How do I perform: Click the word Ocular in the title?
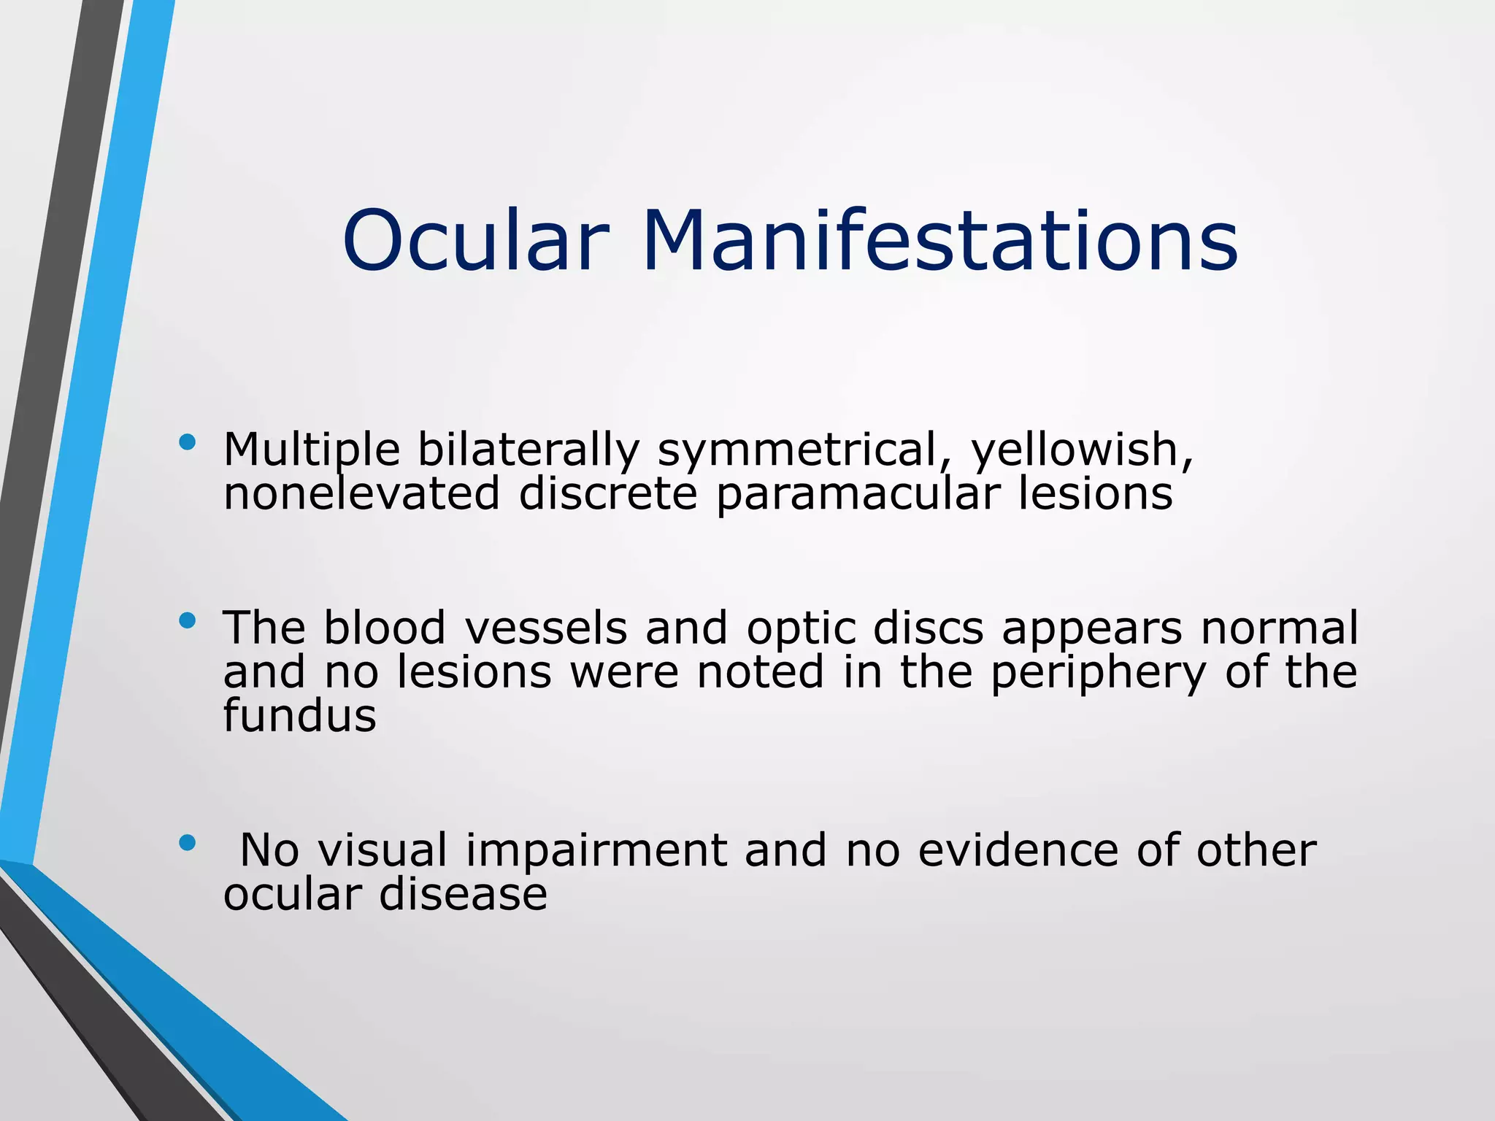coord(474,241)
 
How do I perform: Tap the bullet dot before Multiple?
coord(188,442)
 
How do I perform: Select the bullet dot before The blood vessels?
coord(188,620)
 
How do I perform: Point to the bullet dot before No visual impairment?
coord(188,843)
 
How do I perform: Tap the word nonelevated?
coord(361,493)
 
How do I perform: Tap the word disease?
coord(463,895)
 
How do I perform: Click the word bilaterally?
coord(529,451)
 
